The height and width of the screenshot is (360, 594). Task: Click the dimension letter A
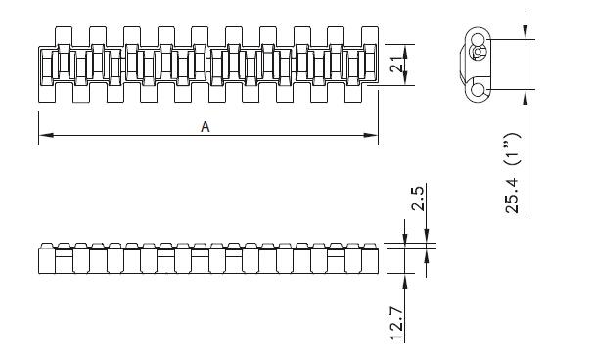(x=205, y=126)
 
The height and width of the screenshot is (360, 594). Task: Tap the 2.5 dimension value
(x=417, y=207)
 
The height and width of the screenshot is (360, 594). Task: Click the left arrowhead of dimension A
(x=43, y=136)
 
